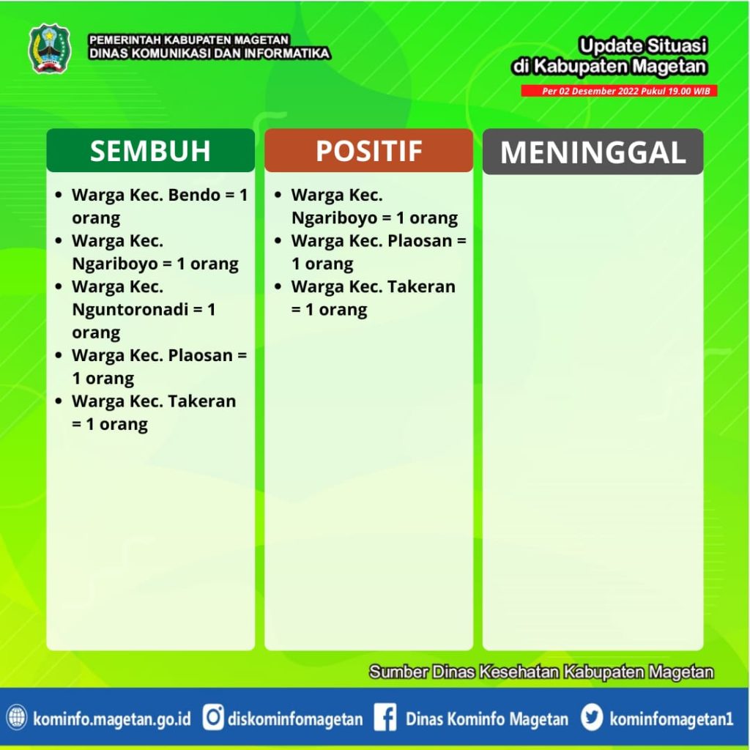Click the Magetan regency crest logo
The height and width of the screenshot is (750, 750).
point(50,49)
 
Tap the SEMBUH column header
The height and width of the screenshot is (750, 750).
point(150,151)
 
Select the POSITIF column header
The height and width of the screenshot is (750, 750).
point(369,151)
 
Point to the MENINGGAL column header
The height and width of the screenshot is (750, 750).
point(593,152)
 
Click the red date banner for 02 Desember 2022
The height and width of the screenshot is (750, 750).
point(619,91)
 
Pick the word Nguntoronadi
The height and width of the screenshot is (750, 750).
point(130,310)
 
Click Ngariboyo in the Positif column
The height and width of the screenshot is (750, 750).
point(334,218)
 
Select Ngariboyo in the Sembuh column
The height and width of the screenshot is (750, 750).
point(115,264)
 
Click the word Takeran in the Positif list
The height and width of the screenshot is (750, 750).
point(421,286)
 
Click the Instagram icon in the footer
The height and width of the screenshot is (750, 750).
point(213,718)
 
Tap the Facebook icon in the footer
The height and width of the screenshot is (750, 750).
point(385,718)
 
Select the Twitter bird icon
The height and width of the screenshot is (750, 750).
point(592,718)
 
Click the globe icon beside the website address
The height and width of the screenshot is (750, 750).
point(17,718)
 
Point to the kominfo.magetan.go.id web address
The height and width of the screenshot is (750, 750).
point(112,719)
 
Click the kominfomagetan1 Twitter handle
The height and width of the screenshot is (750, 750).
point(671,719)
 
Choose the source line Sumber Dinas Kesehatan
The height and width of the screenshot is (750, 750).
point(541,672)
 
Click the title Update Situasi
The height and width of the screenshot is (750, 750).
point(642,46)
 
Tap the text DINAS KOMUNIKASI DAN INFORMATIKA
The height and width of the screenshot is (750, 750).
point(209,53)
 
